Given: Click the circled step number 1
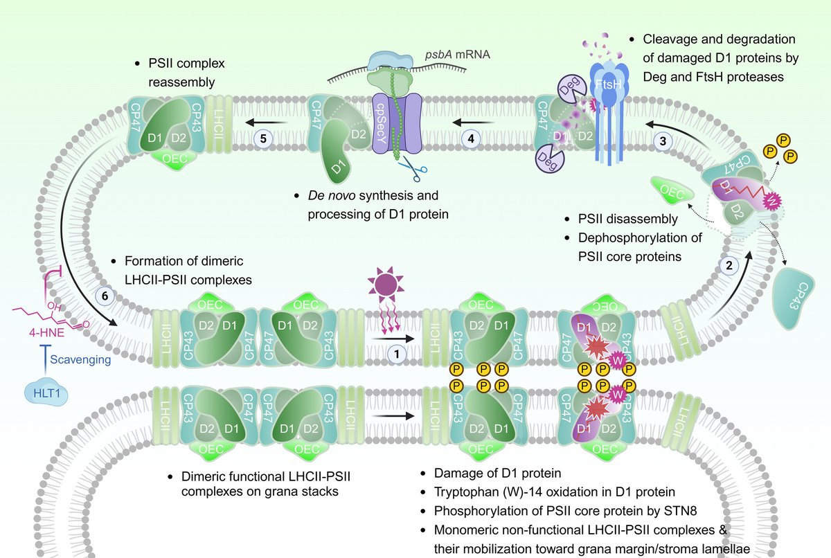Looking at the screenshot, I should tap(396, 353).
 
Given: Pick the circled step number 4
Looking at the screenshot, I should tap(471, 138).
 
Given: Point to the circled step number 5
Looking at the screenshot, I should tap(263, 138).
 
